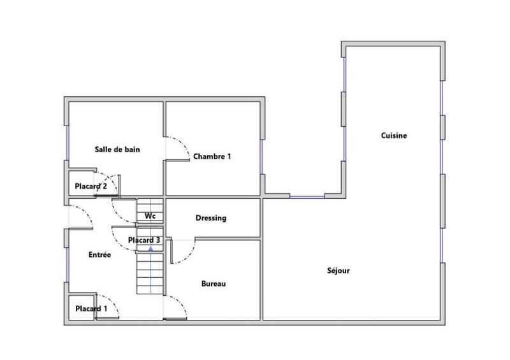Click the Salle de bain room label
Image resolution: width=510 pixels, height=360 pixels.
[x=117, y=150]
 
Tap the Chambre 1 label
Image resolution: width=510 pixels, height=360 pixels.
[x=212, y=156]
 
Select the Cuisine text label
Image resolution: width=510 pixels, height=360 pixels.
[x=393, y=136]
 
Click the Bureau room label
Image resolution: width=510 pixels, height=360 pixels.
[x=214, y=284]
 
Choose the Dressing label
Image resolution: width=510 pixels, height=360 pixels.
[x=210, y=218]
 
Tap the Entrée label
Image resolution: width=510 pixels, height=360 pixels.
[x=99, y=255]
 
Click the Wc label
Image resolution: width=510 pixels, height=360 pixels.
[x=150, y=216]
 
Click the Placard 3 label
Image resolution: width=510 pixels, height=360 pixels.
[x=144, y=240]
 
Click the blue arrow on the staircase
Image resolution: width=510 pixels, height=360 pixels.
[x=150, y=248]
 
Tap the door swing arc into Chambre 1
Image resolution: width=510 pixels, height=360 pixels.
[x=178, y=148]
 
